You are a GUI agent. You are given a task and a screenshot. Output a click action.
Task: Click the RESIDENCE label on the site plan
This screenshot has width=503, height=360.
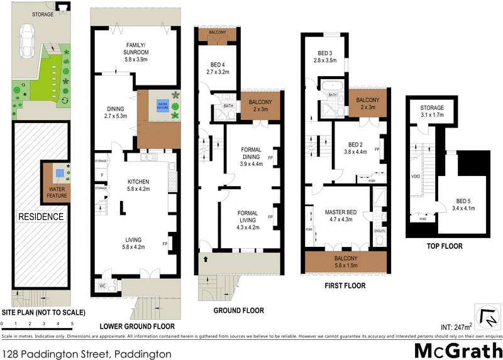point(40,217)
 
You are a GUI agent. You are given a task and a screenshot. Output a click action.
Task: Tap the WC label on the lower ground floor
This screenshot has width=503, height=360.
point(102,286)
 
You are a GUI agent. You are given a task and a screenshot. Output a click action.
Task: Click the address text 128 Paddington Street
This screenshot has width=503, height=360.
point(86,354)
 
